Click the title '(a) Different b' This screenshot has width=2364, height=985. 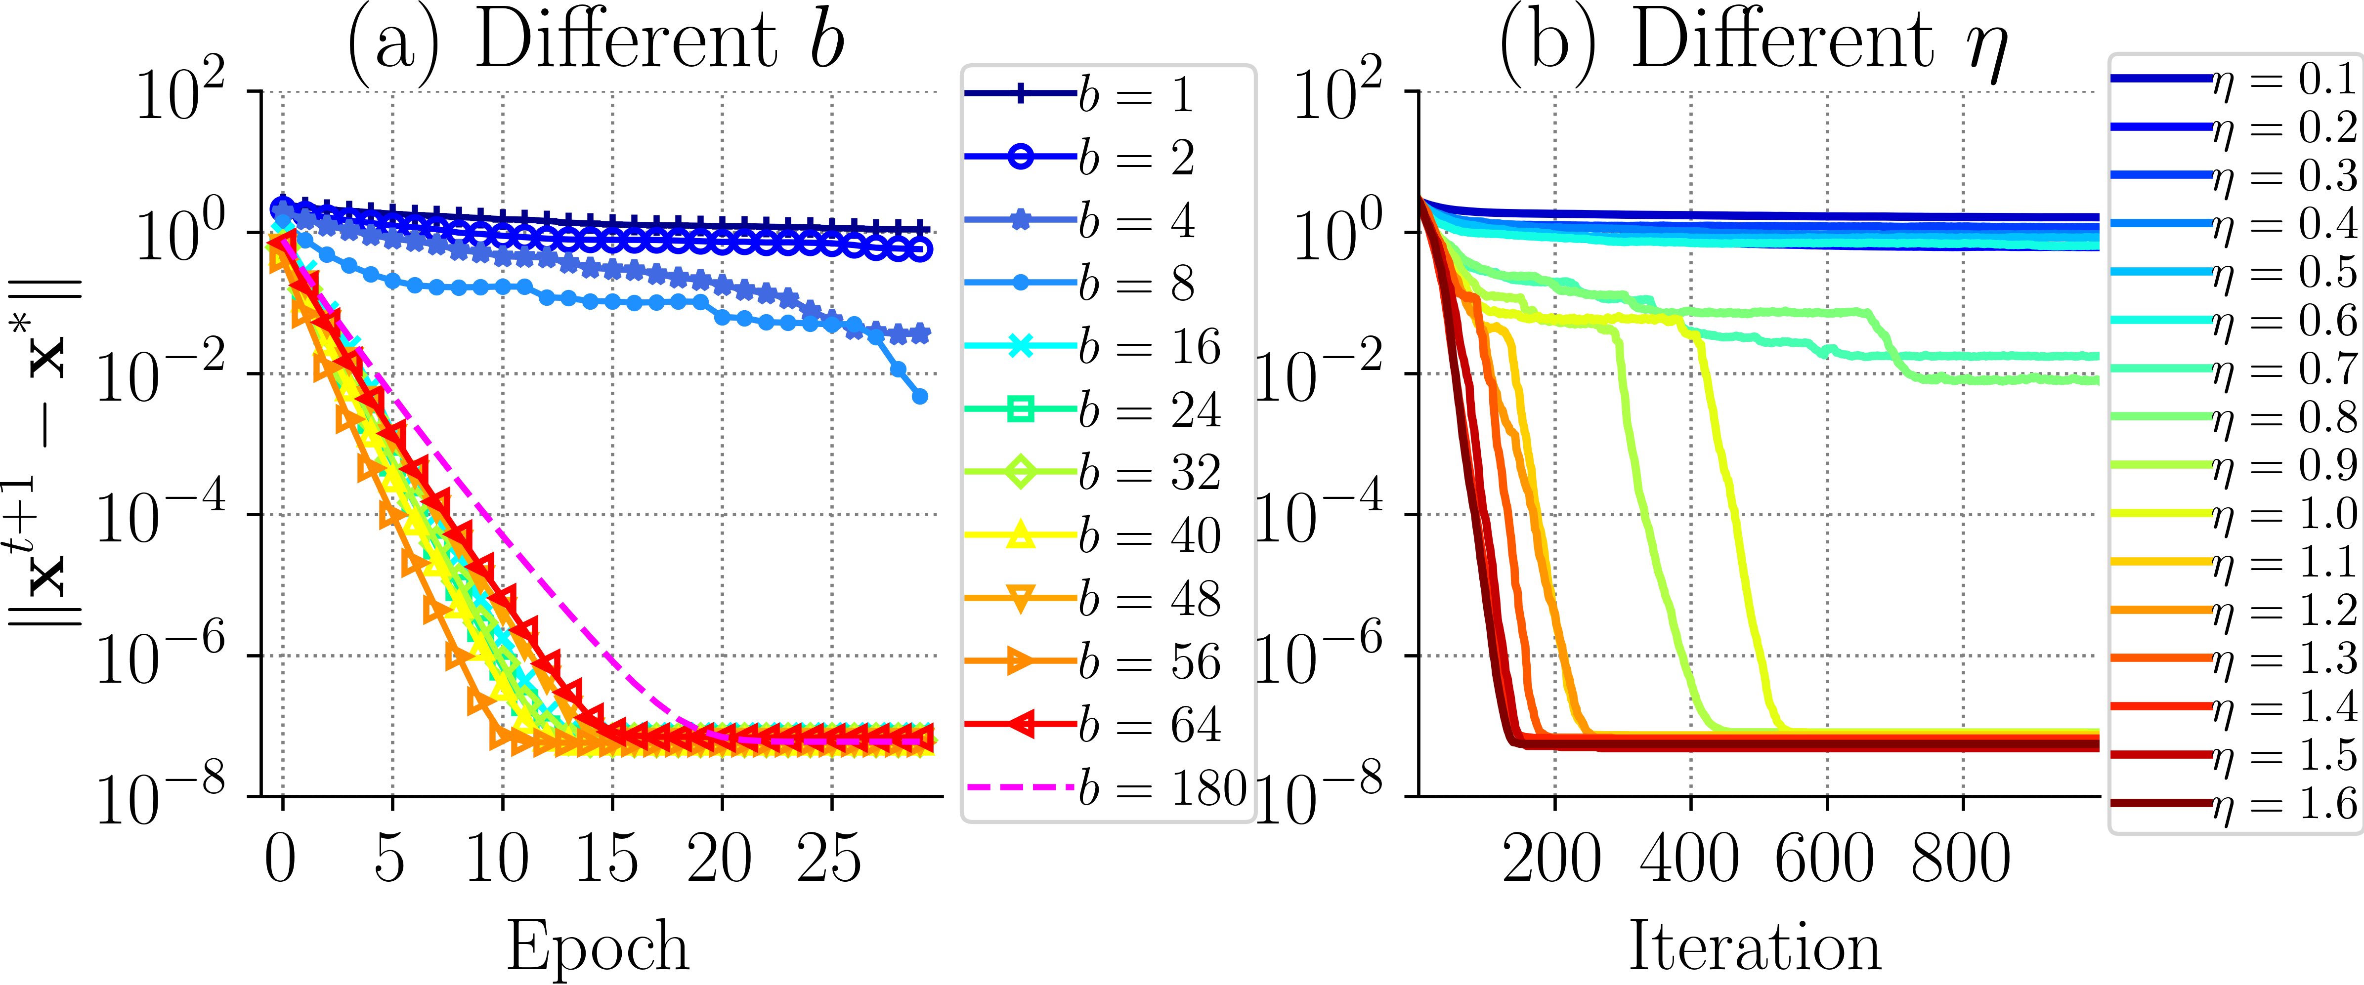[x=595, y=41]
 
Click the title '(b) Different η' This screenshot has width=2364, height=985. [x=1753, y=41]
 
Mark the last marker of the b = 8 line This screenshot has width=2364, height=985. [x=919, y=396]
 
